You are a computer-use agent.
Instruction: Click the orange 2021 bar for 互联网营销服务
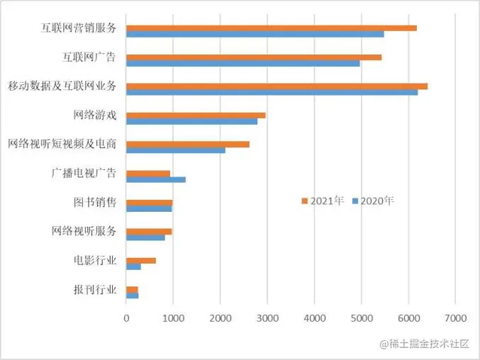tap(271, 28)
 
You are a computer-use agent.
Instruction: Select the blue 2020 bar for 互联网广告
tap(242, 63)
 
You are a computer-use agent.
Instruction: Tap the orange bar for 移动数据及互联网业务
tap(277, 86)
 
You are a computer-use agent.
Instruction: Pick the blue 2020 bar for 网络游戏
tap(191, 121)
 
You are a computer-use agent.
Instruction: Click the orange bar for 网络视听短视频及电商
tap(187, 144)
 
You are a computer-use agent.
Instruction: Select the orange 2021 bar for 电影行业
tap(140, 260)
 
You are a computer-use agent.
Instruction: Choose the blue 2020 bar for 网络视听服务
tap(145, 237)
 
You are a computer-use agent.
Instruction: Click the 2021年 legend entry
tap(323, 201)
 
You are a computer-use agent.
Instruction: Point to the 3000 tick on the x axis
tap(267, 320)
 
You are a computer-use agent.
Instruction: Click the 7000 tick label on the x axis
tap(454, 320)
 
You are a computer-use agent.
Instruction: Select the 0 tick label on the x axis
tap(126, 320)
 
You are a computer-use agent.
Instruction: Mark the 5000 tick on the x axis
tap(361, 320)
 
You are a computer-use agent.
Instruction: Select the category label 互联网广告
tap(90, 57)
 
